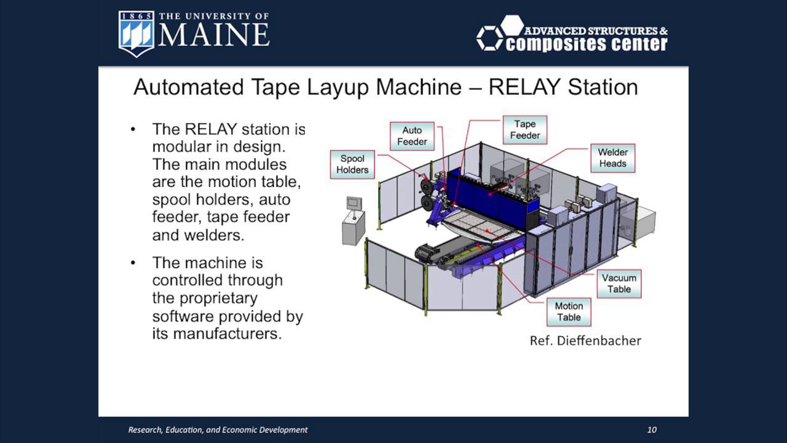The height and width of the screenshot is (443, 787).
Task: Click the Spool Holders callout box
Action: [x=352, y=164]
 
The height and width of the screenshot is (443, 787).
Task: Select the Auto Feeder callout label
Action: [x=411, y=136]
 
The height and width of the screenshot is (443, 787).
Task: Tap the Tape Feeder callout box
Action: [x=524, y=129]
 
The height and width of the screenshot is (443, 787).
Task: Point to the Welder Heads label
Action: [x=612, y=158]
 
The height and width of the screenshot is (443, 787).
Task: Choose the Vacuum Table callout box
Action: [x=619, y=284]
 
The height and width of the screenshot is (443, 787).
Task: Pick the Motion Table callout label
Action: [x=568, y=311]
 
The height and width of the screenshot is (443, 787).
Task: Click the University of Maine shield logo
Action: [x=136, y=34]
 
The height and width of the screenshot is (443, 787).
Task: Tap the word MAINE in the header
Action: [x=214, y=36]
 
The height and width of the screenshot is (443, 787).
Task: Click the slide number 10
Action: [x=652, y=429]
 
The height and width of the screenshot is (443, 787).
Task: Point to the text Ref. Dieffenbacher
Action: [x=585, y=340]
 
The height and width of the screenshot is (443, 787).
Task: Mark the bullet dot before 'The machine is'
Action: [x=133, y=263]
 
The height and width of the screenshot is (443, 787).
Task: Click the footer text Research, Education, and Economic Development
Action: [x=218, y=429]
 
